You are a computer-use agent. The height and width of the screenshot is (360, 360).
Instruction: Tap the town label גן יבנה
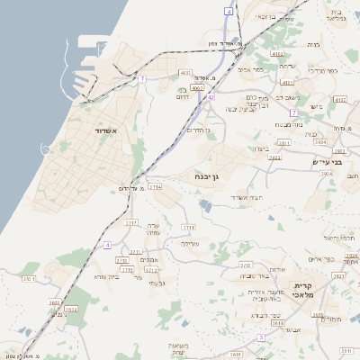click(207, 178)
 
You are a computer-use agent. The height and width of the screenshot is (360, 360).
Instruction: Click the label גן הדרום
click(198, 130)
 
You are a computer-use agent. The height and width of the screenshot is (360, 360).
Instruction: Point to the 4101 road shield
click(185, 73)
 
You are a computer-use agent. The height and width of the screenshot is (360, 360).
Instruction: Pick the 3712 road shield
click(151, 269)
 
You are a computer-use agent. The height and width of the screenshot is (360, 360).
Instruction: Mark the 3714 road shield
click(155, 187)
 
